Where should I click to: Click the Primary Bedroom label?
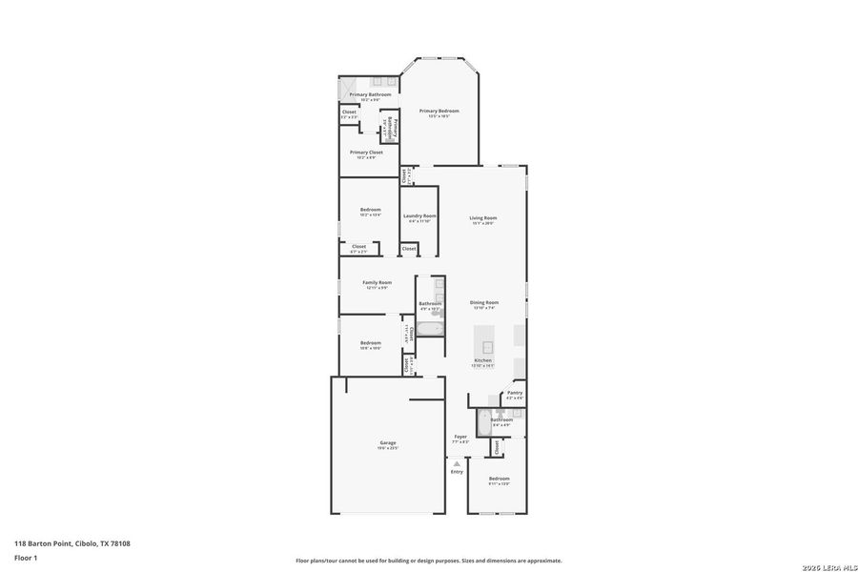click(x=439, y=112)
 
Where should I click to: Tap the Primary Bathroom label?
click(x=370, y=95)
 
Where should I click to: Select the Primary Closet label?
click(x=366, y=153)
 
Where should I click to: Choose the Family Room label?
click(x=377, y=283)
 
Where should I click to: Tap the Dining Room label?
click(x=484, y=303)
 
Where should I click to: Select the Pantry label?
click(x=515, y=393)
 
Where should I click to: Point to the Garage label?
click(x=388, y=443)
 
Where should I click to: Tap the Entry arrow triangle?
click(x=457, y=463)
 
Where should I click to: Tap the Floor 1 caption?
click(x=25, y=557)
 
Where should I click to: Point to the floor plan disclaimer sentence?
click(x=428, y=561)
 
